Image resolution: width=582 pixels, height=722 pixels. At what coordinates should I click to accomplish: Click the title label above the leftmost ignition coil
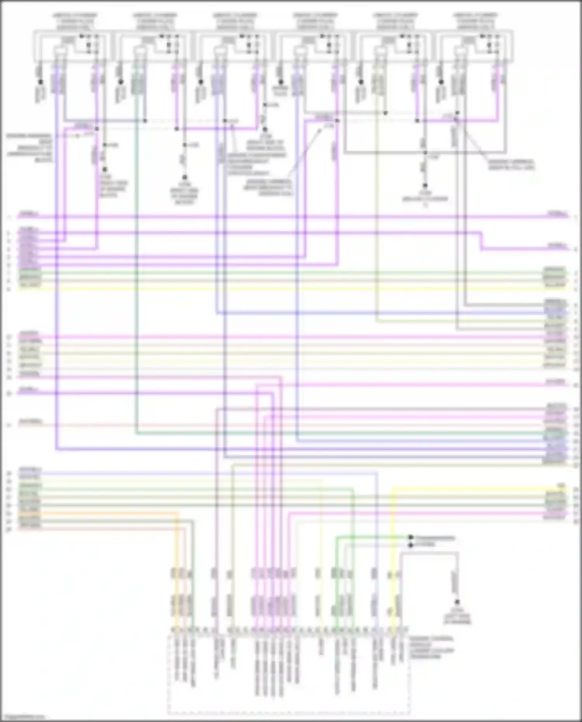(75, 22)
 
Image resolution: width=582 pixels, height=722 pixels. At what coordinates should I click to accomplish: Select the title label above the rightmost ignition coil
(475, 22)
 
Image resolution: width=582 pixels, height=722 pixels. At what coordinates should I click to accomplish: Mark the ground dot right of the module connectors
(457, 602)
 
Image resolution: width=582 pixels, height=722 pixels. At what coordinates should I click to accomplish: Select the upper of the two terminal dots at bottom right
(411, 538)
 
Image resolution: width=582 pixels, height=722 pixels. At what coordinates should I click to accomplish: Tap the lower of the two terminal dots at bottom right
(411, 545)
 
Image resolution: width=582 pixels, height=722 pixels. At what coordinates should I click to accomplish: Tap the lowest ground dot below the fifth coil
(425, 186)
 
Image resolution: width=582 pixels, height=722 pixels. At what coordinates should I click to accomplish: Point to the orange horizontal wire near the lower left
(97, 513)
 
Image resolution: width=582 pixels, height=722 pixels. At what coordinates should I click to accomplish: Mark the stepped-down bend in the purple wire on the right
(481, 241)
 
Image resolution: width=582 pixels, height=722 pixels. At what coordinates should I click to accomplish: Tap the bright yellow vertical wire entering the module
(392, 543)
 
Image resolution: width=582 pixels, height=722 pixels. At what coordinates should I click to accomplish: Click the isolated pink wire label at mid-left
(30, 421)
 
